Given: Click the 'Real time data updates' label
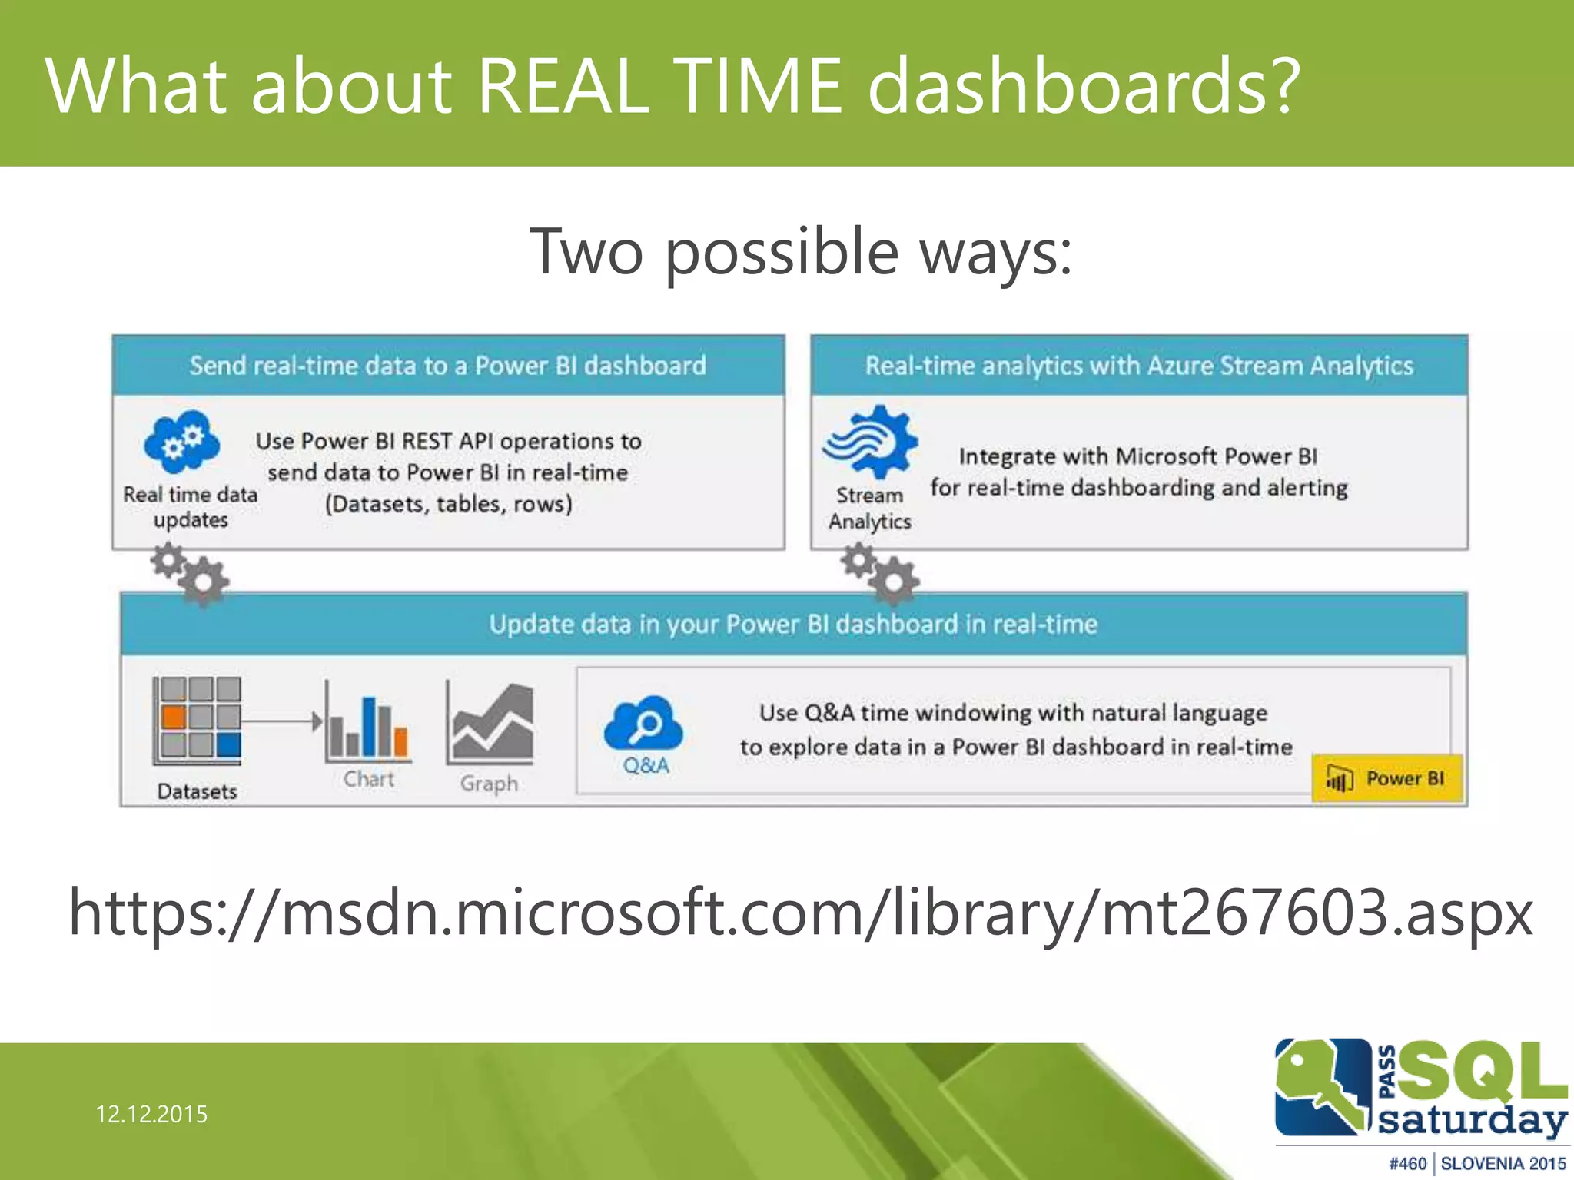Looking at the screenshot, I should coord(191,507).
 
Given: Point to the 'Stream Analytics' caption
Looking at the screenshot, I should coord(869,508).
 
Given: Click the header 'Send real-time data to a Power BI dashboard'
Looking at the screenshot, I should coord(448,365).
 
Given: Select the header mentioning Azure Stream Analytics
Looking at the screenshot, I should coord(1139,365).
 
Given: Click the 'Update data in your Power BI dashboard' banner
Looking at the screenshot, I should coord(793,624).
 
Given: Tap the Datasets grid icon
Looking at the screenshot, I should coord(198,720).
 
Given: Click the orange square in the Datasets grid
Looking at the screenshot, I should coord(174,718).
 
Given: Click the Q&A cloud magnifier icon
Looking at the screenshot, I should coord(644,724).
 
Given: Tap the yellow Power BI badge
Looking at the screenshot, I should coord(1387,779).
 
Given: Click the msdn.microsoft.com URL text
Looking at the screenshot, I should coord(800,913).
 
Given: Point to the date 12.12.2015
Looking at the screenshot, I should coord(151,1114).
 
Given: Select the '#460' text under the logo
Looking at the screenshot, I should coord(1407,1164).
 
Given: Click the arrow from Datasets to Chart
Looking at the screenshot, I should coord(281,721).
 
